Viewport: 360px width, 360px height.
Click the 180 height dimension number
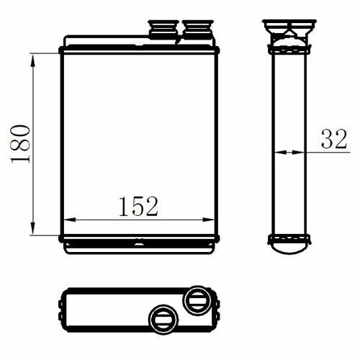21,144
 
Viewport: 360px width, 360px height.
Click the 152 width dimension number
138,207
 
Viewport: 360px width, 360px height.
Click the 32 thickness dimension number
334,139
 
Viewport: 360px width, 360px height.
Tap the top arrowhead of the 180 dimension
33,60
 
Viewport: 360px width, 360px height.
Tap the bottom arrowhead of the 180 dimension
33,229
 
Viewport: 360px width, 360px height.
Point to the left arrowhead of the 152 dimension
71,220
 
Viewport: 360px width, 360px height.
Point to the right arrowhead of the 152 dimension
208,220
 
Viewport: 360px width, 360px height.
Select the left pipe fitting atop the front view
163,30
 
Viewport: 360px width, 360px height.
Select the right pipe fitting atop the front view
198,30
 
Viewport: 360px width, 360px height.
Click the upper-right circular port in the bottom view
197,300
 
